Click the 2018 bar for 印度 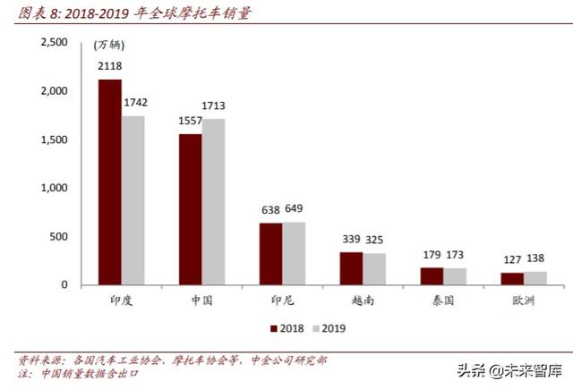(110, 182)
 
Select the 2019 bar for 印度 (133, 199)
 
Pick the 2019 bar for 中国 (213, 201)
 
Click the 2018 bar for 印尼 (270, 253)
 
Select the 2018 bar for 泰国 (432, 275)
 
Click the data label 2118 (111, 66)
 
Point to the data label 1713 (215, 106)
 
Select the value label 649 (295, 210)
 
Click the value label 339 (350, 239)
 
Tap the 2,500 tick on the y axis (54, 43)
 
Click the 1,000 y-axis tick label (54, 188)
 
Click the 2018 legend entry (286, 328)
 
